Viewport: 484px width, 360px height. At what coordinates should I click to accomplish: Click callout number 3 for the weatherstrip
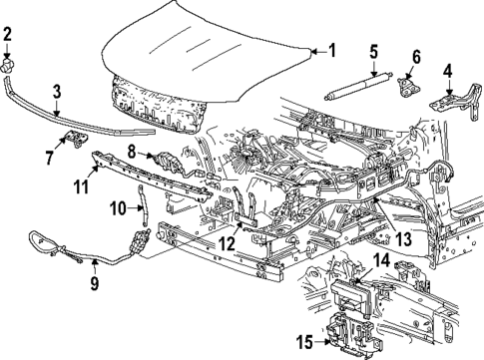tap(448, 71)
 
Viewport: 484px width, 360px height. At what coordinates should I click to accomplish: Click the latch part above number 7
tap(72, 139)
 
